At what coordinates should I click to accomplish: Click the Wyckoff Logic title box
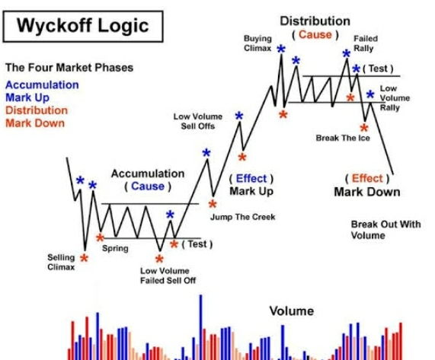pyautogui.click(x=83, y=27)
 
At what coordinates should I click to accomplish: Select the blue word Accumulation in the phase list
pyautogui.click(x=42, y=84)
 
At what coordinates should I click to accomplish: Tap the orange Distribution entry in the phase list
pyautogui.click(x=37, y=110)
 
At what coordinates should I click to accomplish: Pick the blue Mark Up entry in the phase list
pyautogui.click(x=27, y=98)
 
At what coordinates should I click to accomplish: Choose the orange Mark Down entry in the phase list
pyautogui.click(x=35, y=123)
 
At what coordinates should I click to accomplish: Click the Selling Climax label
pyautogui.click(x=61, y=262)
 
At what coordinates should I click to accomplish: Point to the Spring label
pyautogui.click(x=115, y=248)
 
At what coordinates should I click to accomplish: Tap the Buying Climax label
pyautogui.click(x=257, y=43)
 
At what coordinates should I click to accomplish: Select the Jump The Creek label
pyautogui.click(x=243, y=217)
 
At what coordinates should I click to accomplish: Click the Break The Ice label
pyautogui.click(x=343, y=138)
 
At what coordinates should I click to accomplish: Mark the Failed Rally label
pyautogui.click(x=366, y=43)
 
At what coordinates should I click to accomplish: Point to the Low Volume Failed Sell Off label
pyautogui.click(x=168, y=276)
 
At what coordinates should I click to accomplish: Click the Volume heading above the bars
pyautogui.click(x=292, y=311)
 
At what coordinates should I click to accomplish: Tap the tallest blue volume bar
pyautogui.click(x=200, y=327)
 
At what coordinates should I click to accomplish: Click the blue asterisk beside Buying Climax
pyautogui.click(x=281, y=49)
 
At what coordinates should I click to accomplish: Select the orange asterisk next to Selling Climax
pyautogui.click(x=84, y=258)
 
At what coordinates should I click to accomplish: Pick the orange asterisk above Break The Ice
pyautogui.click(x=364, y=128)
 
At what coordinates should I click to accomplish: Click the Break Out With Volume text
pyautogui.click(x=385, y=230)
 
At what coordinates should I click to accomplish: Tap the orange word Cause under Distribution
pyautogui.click(x=315, y=35)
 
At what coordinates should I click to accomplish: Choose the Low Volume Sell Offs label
pyautogui.click(x=198, y=121)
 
